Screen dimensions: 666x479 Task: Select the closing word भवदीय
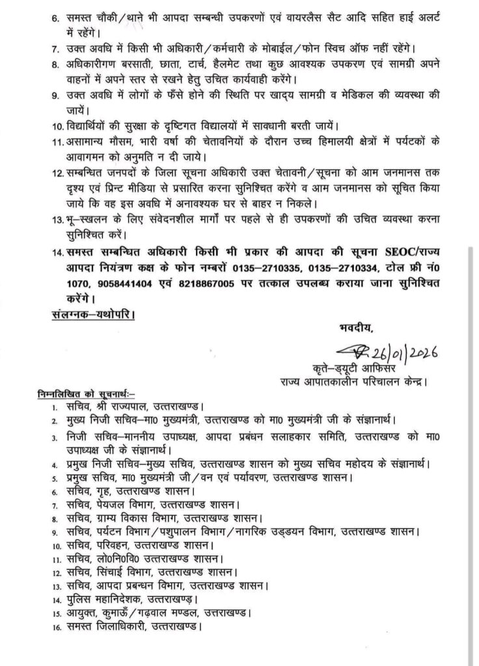356,324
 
